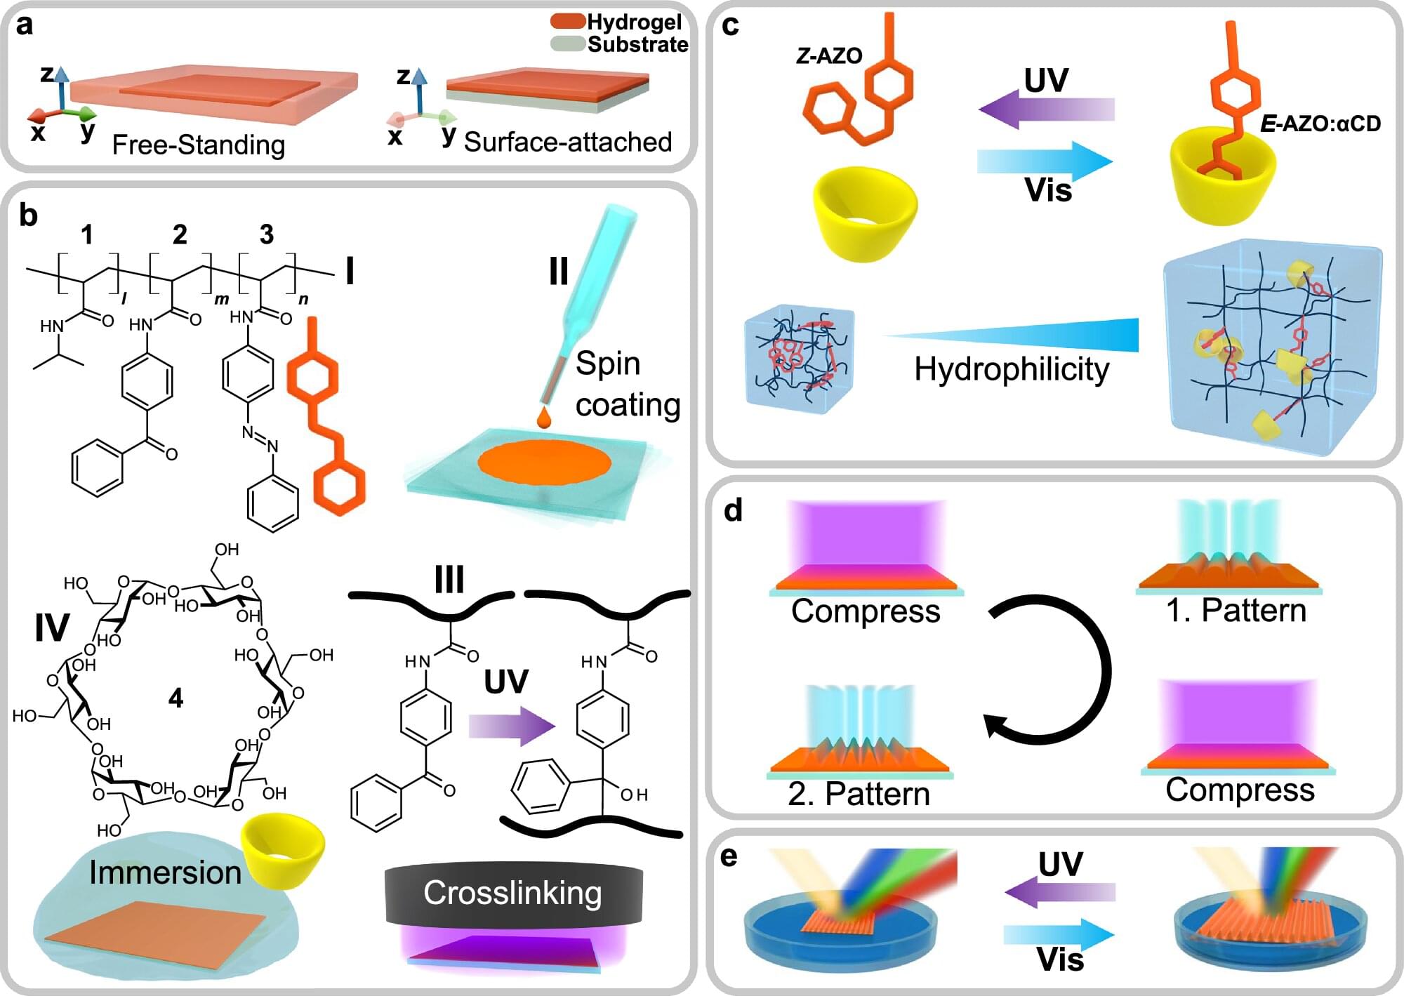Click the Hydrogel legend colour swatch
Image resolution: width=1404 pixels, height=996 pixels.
568,21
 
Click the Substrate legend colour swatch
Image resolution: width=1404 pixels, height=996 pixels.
568,44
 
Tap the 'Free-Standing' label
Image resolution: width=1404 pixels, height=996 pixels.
199,145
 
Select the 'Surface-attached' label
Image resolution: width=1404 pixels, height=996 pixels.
568,142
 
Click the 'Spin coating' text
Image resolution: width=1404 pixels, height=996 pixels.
627,384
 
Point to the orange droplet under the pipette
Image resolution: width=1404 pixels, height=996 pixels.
543,417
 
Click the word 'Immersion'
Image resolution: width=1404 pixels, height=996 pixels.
165,872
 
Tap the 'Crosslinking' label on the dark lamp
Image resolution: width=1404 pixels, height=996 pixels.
512,893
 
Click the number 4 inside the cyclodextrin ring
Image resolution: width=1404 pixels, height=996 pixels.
175,698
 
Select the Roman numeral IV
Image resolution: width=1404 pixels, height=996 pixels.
52,627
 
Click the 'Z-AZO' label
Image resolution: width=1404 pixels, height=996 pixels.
829,56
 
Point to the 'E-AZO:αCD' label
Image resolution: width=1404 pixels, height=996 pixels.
1320,124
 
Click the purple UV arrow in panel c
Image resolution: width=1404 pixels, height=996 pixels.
1046,109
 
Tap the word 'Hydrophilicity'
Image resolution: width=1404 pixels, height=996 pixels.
1012,369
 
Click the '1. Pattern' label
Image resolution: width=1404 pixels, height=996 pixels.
1236,611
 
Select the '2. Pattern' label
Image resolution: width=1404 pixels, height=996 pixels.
859,794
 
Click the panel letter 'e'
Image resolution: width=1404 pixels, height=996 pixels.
729,856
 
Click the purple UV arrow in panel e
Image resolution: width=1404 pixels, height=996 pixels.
1060,892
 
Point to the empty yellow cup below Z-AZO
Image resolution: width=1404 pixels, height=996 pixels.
865,212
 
